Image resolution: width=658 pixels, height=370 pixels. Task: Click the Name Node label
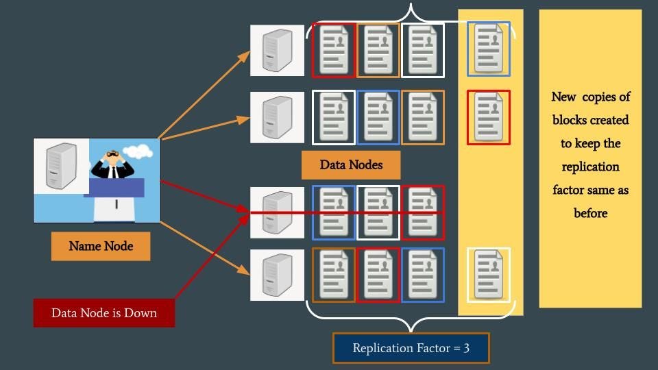click(101, 246)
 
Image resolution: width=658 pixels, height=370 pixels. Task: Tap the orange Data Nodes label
click(351, 164)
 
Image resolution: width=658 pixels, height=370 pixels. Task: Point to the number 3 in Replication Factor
click(466, 348)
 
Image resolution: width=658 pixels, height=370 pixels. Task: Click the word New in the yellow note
click(564, 97)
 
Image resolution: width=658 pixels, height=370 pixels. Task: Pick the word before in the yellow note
click(590, 213)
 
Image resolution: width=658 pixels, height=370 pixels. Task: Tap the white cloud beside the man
click(138, 150)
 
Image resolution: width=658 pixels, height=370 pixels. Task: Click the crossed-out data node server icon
click(277, 212)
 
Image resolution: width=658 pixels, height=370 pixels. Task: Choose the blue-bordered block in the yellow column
click(489, 49)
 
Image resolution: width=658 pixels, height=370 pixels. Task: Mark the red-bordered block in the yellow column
click(489, 117)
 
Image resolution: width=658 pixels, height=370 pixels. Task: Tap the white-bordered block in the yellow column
click(489, 275)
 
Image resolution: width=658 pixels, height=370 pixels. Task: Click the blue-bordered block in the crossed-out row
click(334, 212)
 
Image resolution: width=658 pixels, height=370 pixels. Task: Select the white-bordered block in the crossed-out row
click(378, 212)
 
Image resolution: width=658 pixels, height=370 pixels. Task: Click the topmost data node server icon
click(277, 50)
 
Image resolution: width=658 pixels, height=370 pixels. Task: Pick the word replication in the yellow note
click(590, 166)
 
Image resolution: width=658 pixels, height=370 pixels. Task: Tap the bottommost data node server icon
click(277, 274)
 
